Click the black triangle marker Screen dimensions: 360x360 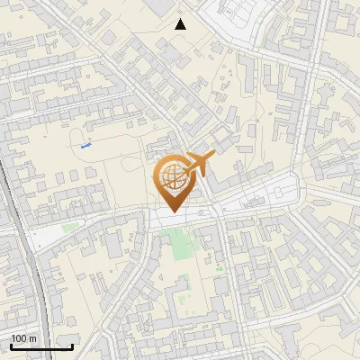tap(181, 23)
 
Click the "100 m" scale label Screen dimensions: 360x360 tap(23, 338)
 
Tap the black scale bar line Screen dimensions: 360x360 tap(41, 346)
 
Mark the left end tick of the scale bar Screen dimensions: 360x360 tap(11, 345)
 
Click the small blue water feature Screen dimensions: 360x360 tap(86, 143)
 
